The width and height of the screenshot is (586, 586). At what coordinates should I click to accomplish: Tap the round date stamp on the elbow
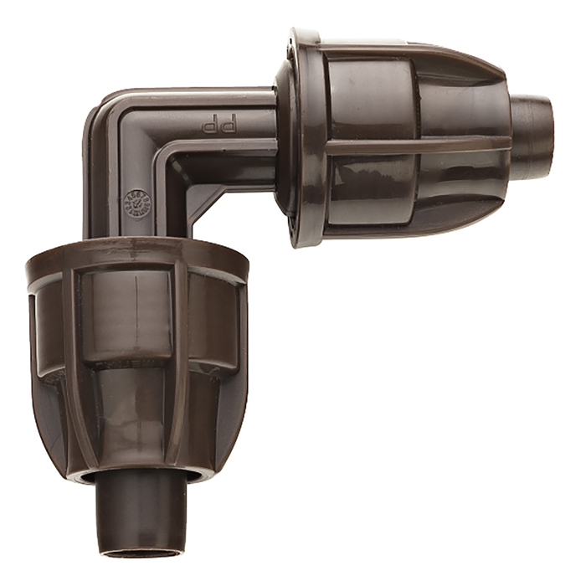click(135, 206)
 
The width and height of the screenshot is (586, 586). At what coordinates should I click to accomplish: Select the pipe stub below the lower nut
click(137, 511)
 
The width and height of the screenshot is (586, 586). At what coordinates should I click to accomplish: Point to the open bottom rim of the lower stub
click(137, 553)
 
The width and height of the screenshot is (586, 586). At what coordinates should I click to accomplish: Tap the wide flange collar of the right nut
click(301, 138)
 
